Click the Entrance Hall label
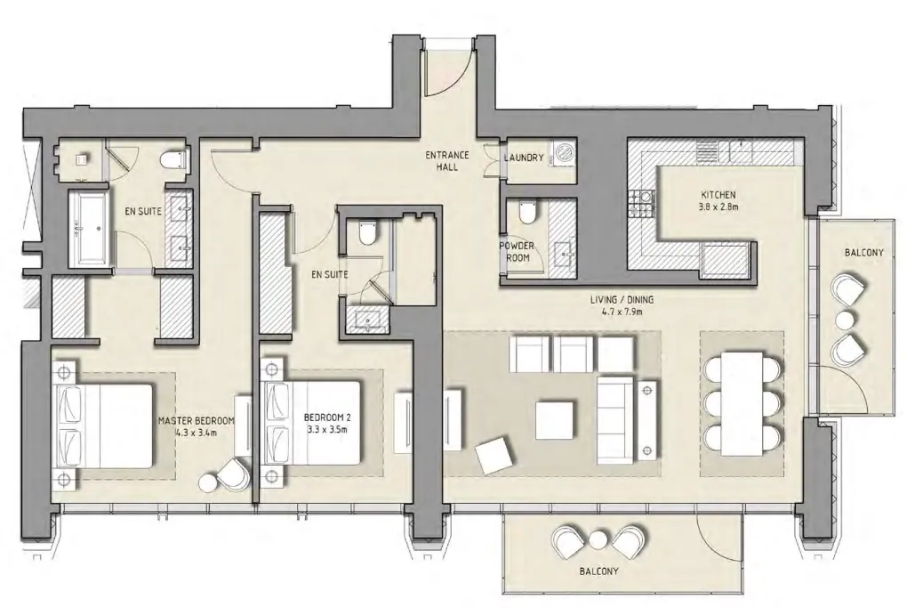[x=447, y=161]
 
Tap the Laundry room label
[x=524, y=158]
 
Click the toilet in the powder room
[x=527, y=212]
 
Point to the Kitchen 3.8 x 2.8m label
[x=718, y=200]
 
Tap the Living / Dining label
[x=622, y=305]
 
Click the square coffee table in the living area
[x=555, y=420]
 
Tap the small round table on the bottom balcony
[x=598, y=539]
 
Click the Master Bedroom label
[x=197, y=426]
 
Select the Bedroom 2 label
[x=327, y=423]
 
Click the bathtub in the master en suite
[x=90, y=228]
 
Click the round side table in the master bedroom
[x=209, y=482]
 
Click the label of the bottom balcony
[x=598, y=571]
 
